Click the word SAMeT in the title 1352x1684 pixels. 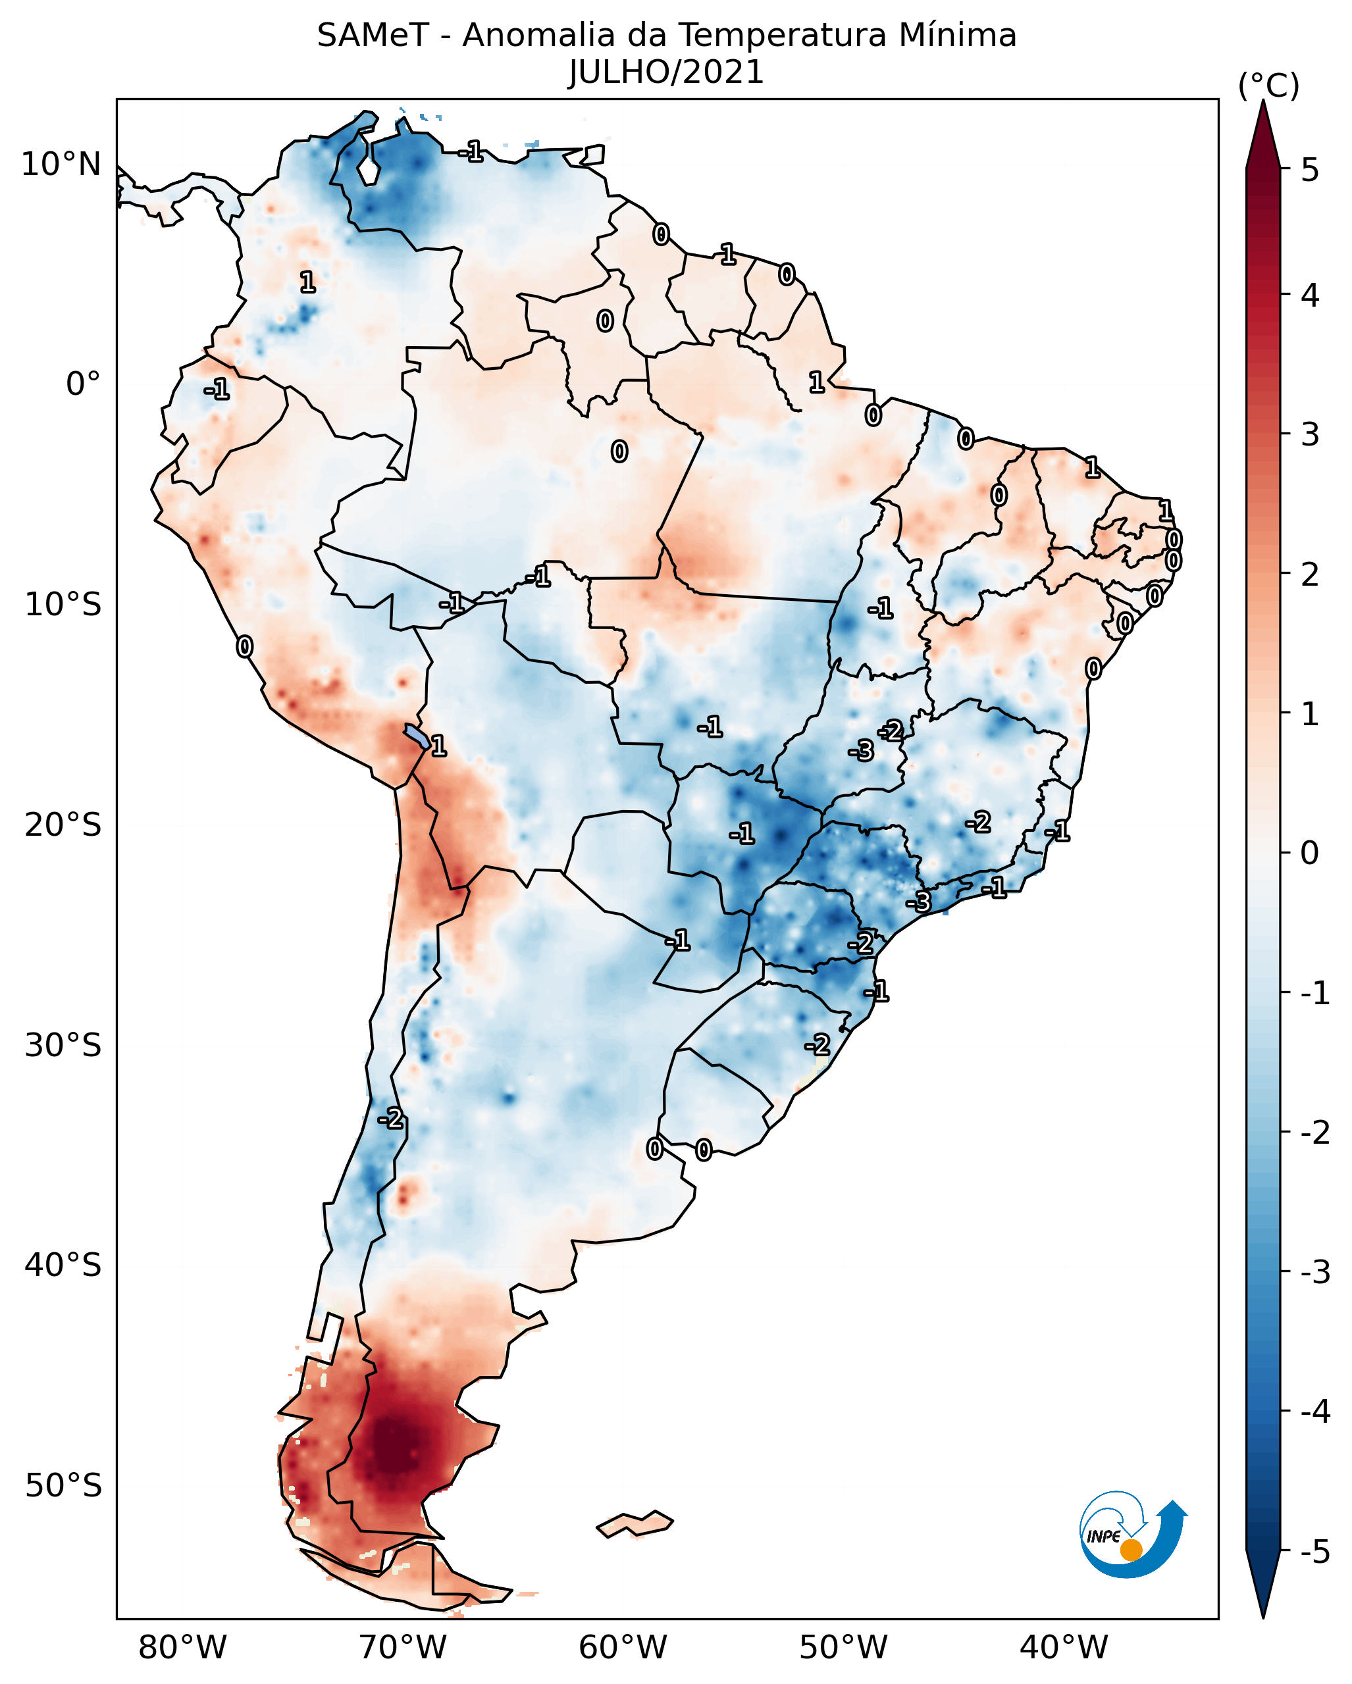click(372, 36)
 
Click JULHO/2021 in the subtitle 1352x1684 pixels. click(665, 72)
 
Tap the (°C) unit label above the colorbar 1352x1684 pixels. click(1268, 86)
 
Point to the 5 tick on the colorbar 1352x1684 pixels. click(1310, 170)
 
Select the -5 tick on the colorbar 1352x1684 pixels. click(1315, 1552)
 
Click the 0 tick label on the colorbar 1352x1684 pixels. click(1310, 852)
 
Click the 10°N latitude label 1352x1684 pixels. click(61, 165)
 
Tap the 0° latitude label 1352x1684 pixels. click(83, 384)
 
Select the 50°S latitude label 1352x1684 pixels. click(63, 1486)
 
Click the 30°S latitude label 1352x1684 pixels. click(63, 1045)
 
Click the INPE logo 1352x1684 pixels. click(1133, 1535)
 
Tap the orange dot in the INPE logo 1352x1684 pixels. click(1131, 1550)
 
